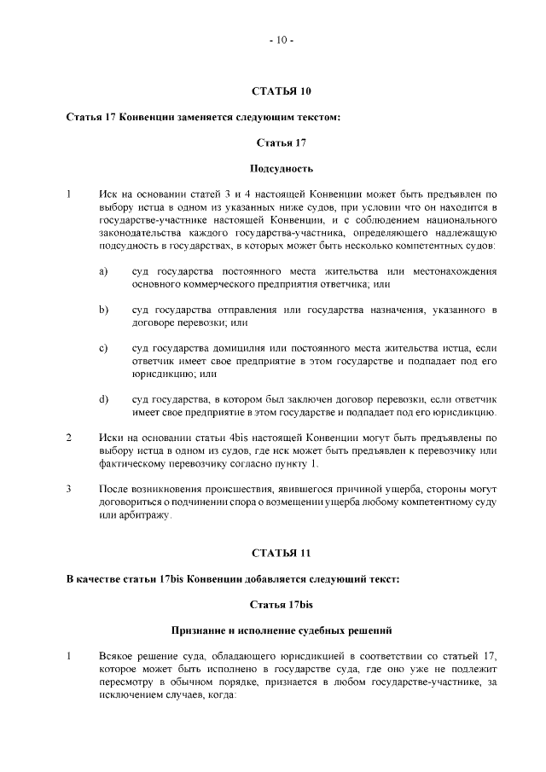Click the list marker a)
tap(102, 271)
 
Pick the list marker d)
tap(102, 398)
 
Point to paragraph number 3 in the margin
tap(69, 489)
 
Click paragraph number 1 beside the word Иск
tap(69, 194)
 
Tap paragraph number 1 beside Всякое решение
tap(69, 656)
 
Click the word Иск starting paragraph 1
tap(108, 194)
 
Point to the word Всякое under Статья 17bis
tap(116, 656)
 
